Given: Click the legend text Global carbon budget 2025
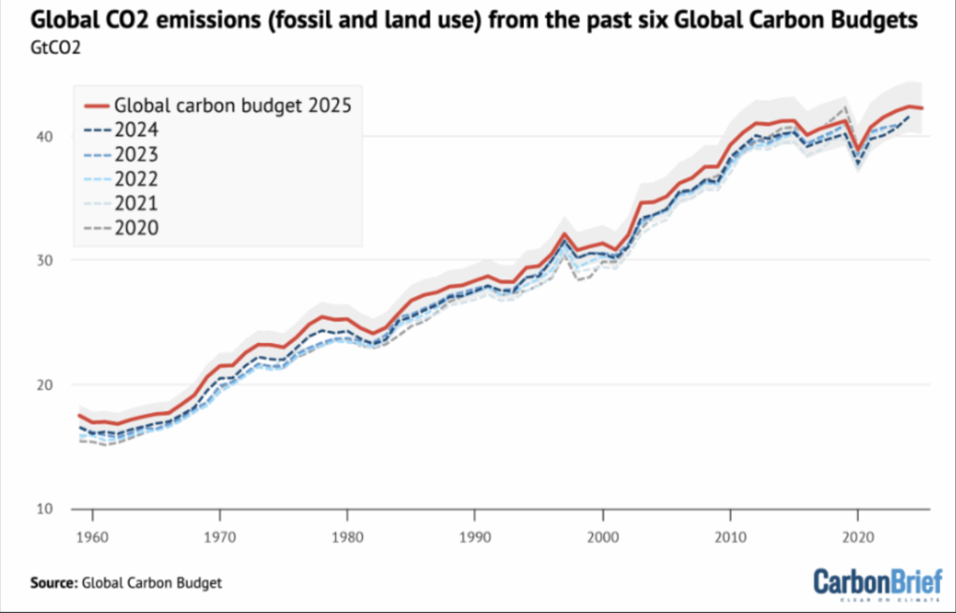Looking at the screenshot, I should point(231,105).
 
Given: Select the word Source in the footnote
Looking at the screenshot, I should point(52,583).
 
